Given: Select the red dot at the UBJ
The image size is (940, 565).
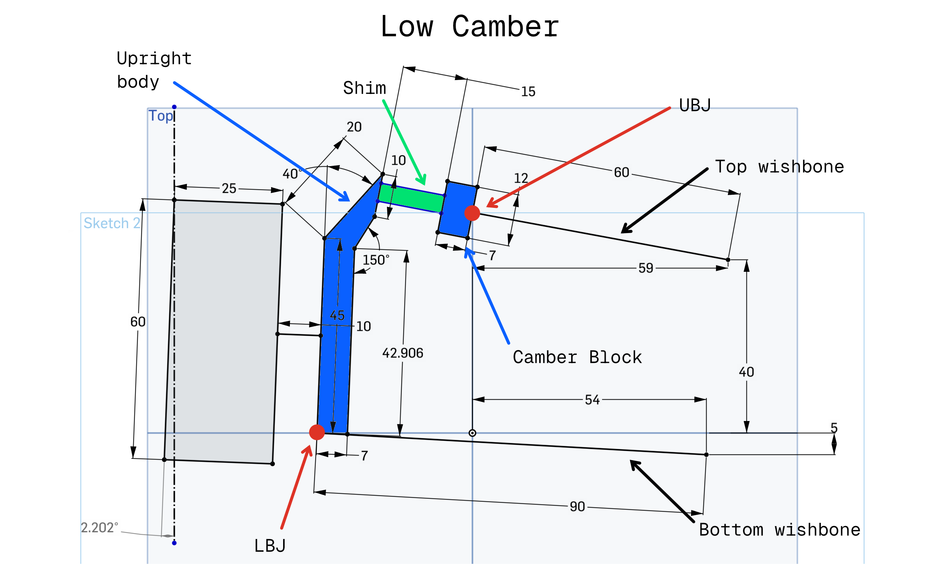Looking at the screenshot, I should coord(472,213).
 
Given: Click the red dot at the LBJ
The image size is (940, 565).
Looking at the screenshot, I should coord(317,432).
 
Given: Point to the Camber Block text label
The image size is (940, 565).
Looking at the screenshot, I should coord(577,357).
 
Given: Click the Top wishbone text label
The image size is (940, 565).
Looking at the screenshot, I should coord(779,167).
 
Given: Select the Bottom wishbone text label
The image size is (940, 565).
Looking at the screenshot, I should coord(779,530).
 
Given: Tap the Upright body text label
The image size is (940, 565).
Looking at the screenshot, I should coord(154,70).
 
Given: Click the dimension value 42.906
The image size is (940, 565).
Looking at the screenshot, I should coord(402,353).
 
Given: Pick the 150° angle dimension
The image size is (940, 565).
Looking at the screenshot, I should coord(376,261).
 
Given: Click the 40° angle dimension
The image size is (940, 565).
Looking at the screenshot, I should coord(292,174).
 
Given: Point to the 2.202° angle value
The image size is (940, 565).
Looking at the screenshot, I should coord(99,528).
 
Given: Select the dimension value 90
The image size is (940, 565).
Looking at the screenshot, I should coord(577,507).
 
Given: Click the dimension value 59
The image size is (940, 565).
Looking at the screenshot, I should coord(646,268).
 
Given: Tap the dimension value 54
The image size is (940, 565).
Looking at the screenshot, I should coord(592,400).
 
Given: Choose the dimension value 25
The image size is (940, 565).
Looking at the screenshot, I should coord(229,188).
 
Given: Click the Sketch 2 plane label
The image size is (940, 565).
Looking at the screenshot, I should coord(112,223).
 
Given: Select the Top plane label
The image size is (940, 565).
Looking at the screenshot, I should coord(161,116).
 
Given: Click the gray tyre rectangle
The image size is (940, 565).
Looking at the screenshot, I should coord(223,331).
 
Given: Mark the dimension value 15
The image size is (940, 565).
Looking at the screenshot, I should coord(528,92).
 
